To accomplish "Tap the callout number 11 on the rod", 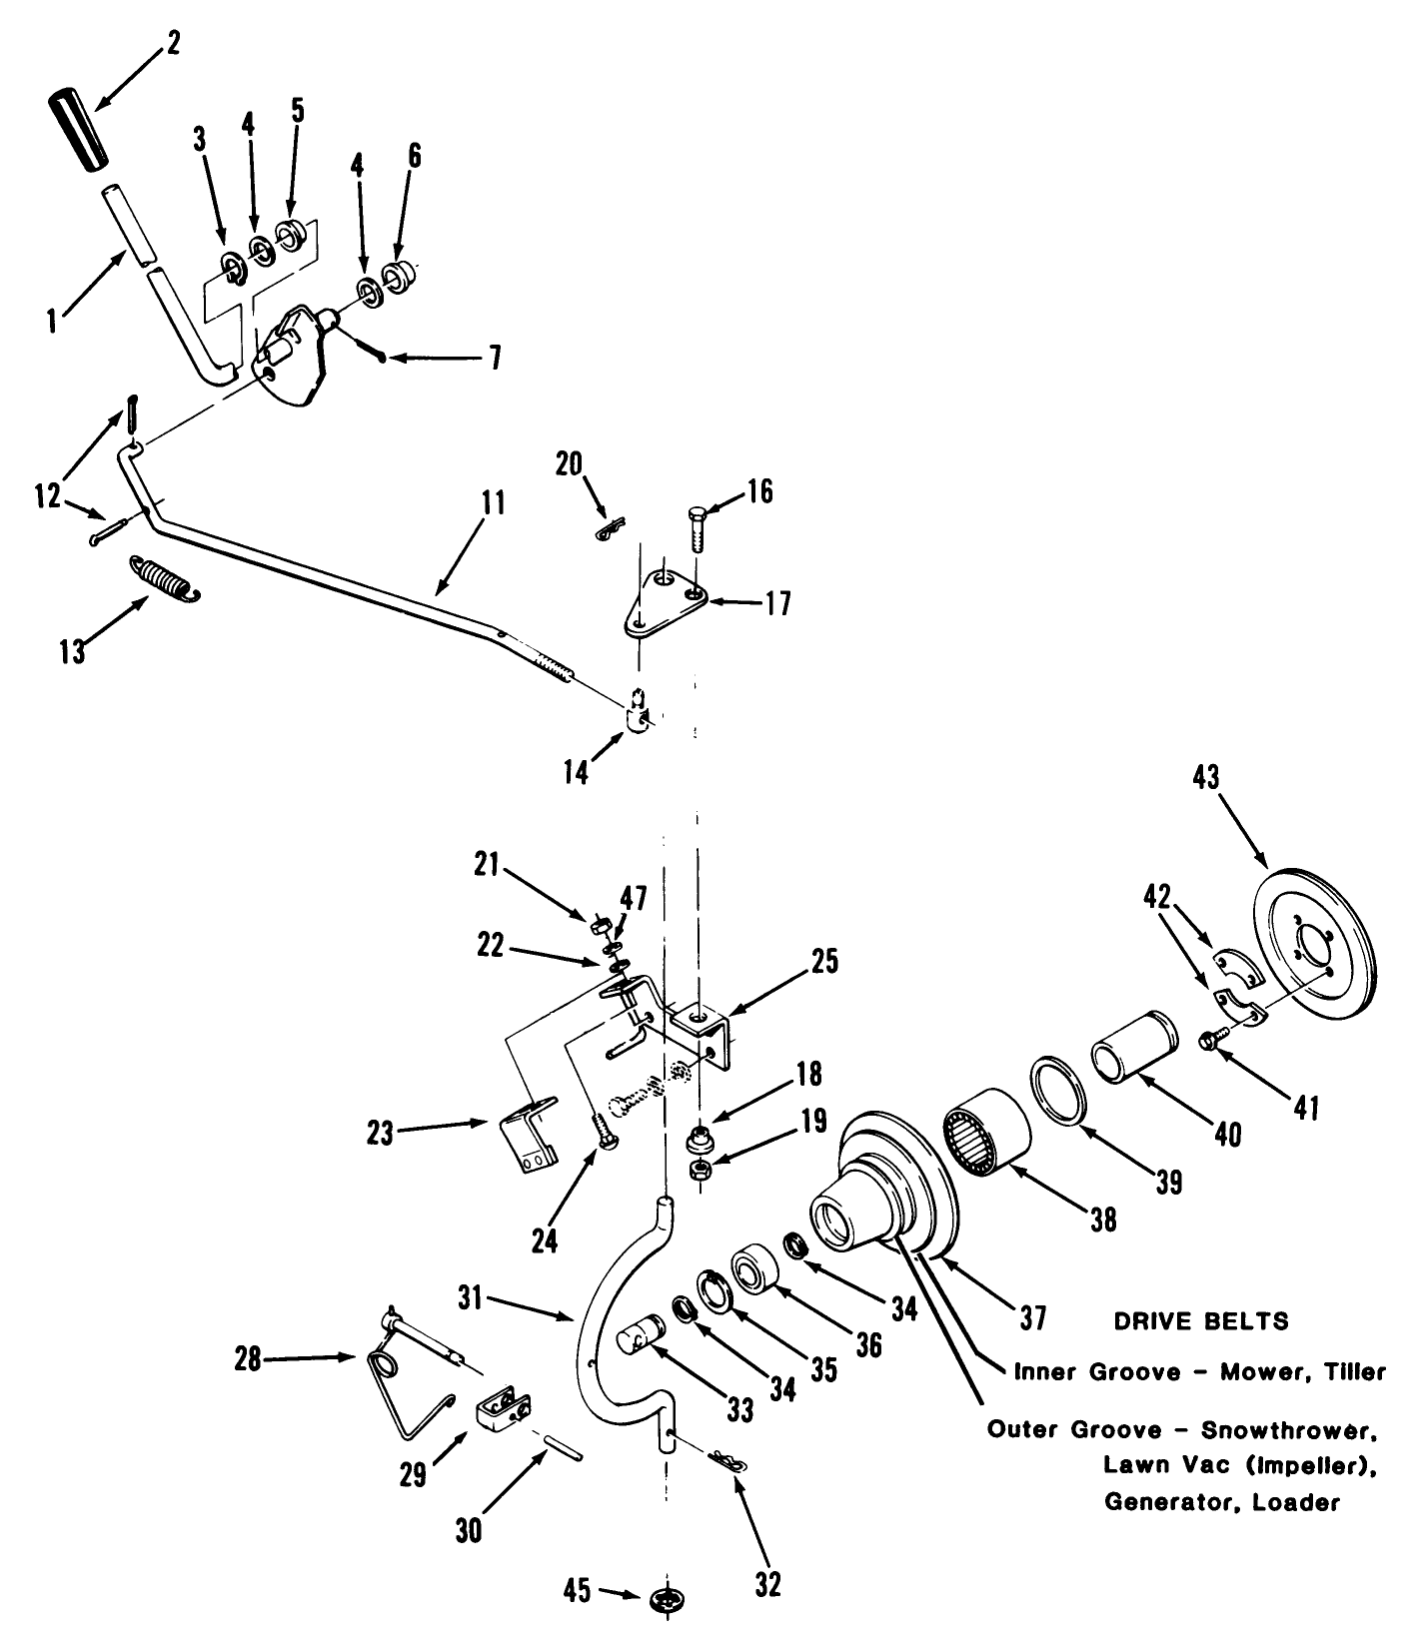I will tap(495, 502).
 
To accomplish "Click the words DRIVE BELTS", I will tap(1200, 1322).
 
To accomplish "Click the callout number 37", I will tap(1031, 1318).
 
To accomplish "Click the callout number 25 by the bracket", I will tap(824, 961).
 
